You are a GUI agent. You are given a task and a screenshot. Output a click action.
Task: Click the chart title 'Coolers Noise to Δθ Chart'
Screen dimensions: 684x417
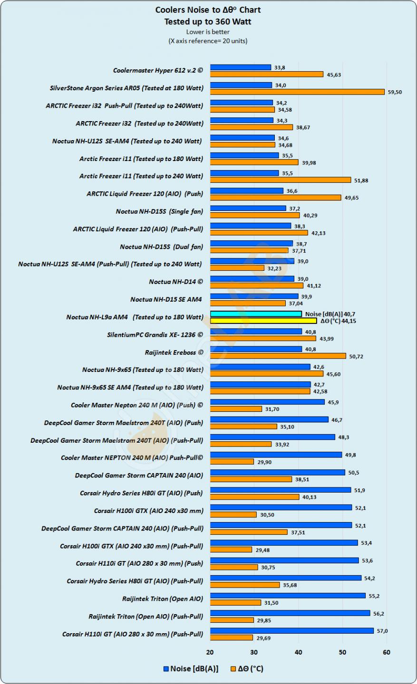(x=208, y=10)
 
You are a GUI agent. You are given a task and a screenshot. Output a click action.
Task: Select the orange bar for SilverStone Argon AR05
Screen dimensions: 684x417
(x=297, y=92)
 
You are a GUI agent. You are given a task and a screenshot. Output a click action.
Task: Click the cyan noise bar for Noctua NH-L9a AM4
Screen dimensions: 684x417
(x=256, y=314)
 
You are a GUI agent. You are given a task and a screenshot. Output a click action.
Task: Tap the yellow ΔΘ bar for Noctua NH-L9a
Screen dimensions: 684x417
(x=263, y=321)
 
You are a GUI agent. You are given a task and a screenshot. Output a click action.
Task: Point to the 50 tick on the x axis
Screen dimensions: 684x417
(x=342, y=652)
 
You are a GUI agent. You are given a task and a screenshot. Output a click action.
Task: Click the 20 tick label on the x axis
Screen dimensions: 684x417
(x=210, y=652)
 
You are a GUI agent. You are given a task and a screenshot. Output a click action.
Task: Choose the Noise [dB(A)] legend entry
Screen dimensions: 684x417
(x=191, y=669)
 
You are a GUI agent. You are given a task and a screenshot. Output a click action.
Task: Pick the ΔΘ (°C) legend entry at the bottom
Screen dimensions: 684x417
(x=246, y=669)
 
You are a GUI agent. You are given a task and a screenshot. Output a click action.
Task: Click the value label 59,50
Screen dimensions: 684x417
(x=395, y=92)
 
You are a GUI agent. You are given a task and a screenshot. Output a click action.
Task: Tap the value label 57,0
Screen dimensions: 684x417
(x=382, y=631)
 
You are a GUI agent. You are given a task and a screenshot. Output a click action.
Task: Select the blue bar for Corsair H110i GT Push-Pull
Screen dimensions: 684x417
(x=292, y=631)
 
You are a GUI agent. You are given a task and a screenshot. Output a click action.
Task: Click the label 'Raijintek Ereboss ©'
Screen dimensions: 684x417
(x=174, y=352)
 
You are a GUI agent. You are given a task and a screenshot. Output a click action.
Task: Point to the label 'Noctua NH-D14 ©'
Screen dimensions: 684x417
(x=176, y=282)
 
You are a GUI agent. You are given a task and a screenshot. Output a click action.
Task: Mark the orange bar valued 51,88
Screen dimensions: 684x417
(x=281, y=180)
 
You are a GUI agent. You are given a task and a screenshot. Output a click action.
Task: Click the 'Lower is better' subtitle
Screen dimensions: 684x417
(x=208, y=32)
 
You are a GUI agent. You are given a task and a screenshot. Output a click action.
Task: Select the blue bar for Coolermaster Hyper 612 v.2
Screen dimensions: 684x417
(x=241, y=67)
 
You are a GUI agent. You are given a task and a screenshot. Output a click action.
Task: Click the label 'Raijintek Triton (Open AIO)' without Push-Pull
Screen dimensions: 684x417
(x=163, y=599)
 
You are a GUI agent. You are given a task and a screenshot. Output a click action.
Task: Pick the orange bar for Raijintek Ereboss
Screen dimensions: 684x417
(x=278, y=356)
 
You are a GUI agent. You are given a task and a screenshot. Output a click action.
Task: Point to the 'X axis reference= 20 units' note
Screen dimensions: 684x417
(x=208, y=41)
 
